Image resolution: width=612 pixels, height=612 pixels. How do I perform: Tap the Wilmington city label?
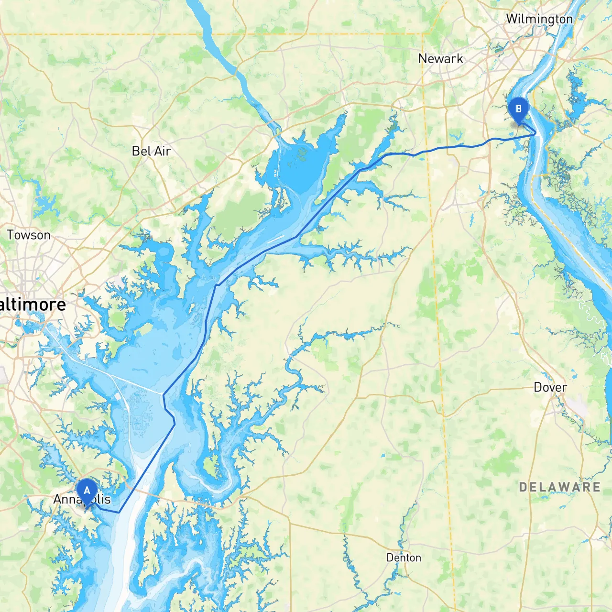[539, 19]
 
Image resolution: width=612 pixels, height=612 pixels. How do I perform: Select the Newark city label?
[440, 59]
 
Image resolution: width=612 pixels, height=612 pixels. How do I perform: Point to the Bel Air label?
[151, 151]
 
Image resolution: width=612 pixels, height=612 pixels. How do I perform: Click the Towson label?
[29, 235]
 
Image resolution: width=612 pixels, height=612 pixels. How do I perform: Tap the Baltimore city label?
[33, 305]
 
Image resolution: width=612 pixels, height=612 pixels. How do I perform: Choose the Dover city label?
[550, 387]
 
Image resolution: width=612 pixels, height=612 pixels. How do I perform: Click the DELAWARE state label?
[559, 487]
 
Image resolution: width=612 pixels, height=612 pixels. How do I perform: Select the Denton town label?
[404, 557]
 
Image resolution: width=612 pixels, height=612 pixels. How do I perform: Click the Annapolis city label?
[82, 500]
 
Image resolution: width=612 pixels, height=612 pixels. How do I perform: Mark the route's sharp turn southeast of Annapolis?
[119, 512]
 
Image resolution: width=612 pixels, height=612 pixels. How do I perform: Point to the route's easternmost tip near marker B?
[535, 134]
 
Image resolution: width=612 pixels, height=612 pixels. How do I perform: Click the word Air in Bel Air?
[163, 151]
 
